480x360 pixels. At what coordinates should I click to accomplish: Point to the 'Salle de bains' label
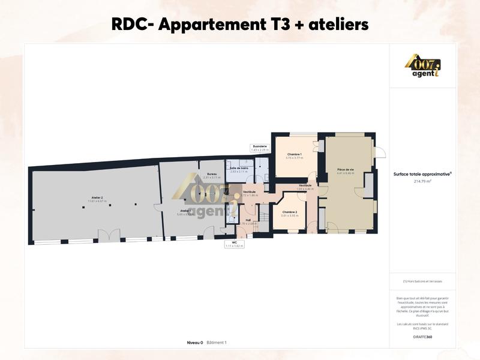pos(239,168)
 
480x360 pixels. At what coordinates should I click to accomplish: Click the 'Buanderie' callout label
pos(260,146)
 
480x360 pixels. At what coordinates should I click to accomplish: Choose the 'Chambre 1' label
pos(294,154)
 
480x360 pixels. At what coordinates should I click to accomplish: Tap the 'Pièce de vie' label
pos(346,170)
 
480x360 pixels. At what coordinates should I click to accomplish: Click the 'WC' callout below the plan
pos(235,242)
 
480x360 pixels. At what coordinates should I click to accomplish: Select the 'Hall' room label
pos(248,220)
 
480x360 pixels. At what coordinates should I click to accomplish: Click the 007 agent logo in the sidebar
pos(424,66)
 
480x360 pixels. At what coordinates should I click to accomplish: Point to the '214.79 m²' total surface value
pos(423,180)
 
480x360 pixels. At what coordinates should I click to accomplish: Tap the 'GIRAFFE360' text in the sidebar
pos(423,337)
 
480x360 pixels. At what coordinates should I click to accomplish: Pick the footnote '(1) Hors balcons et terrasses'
pos(423,281)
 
